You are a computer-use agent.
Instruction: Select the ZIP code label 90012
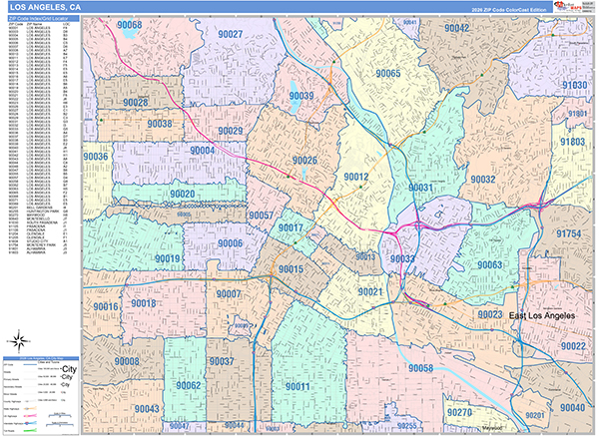point(356,178)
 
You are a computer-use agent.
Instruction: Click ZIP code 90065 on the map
point(387,74)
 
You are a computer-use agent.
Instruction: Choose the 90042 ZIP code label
point(456,28)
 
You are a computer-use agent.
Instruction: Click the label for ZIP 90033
point(402,258)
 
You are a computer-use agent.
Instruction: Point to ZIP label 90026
point(304,161)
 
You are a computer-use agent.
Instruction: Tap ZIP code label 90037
point(221,361)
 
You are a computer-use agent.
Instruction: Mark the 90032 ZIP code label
point(470,180)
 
